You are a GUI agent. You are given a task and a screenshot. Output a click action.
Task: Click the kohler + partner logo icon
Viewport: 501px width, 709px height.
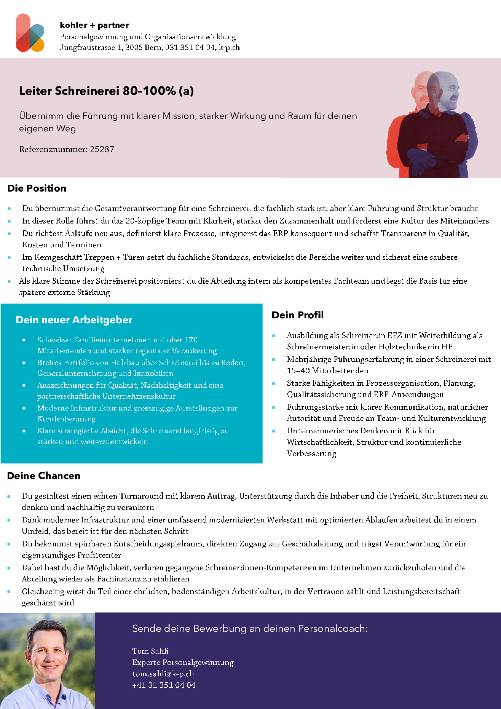pos(30,33)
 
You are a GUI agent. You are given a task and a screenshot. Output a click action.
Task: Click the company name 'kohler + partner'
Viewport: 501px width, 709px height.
pos(94,25)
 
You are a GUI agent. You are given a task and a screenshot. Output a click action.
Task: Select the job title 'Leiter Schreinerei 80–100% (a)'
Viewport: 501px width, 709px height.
pos(106,91)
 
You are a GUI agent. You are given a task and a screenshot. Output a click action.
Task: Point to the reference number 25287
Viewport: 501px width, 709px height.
pos(102,149)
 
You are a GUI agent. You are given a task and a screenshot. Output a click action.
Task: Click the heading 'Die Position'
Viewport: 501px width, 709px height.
pos(37,188)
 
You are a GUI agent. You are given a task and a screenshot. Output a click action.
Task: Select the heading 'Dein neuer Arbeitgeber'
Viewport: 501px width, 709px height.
pos(74,320)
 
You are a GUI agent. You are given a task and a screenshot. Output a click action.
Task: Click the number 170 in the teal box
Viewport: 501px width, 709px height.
pos(191,340)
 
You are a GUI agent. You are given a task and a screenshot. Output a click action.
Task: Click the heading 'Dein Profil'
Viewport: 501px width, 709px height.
pos(298,315)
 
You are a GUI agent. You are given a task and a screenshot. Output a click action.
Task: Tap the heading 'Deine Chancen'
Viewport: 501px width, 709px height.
pos(44,476)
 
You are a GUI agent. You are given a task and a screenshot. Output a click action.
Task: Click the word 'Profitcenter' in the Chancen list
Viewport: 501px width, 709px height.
pos(99,555)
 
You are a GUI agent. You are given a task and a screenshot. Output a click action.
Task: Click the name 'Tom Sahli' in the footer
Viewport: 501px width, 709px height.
pos(150,651)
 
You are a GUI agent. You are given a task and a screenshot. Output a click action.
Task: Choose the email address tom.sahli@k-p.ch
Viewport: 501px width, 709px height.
pos(163,674)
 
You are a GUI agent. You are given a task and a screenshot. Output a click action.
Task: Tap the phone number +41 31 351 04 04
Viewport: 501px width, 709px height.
pos(164,685)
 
